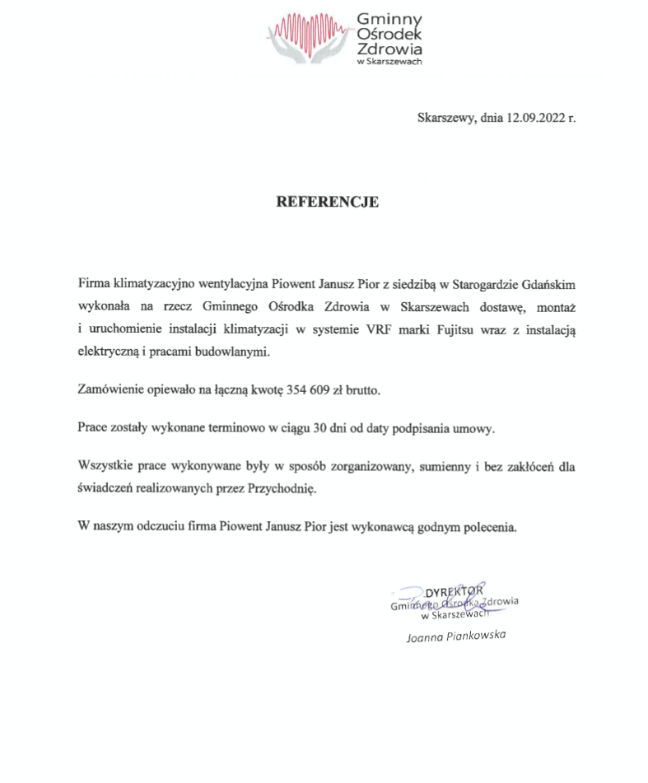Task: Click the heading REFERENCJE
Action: [x=327, y=202]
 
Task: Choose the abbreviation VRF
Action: [x=378, y=331]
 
